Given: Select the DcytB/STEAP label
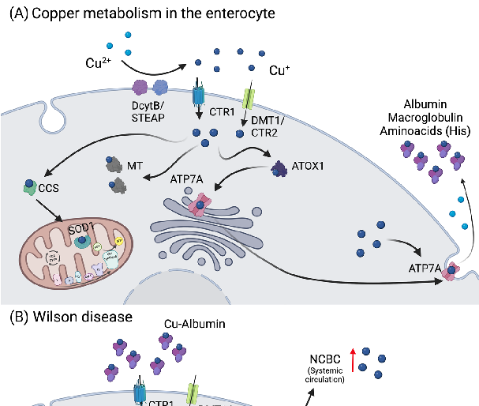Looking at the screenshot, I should tap(149, 111).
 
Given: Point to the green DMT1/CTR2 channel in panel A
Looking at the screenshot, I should tap(249, 99).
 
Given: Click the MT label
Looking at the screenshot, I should tap(135, 167).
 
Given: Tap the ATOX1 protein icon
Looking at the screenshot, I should tap(280, 167).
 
